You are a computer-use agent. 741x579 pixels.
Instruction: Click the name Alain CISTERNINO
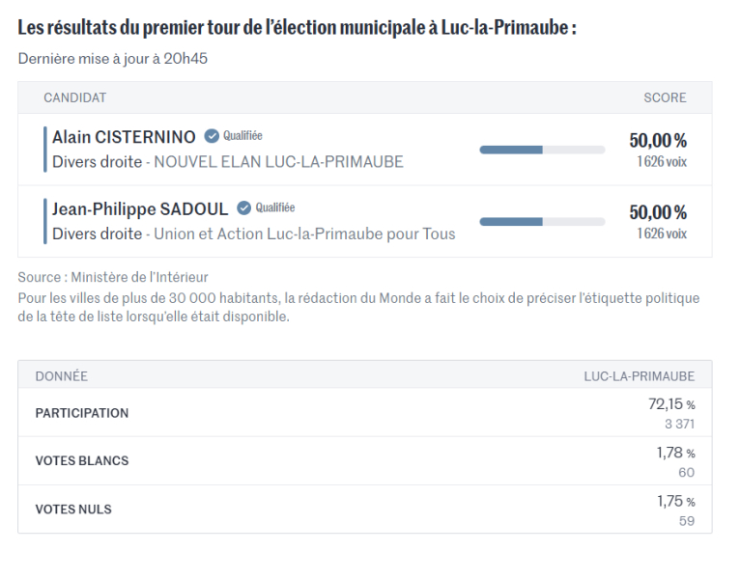point(124,137)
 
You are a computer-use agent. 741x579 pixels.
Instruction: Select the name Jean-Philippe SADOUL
point(140,208)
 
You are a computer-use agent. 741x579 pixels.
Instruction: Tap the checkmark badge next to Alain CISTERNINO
point(212,137)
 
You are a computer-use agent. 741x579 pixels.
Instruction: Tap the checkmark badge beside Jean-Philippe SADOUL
point(244,208)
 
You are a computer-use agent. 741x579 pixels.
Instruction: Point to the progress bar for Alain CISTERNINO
point(542,150)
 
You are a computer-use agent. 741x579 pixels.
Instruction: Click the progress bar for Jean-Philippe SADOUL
point(542,221)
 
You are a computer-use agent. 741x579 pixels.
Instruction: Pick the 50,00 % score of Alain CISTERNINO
point(658,140)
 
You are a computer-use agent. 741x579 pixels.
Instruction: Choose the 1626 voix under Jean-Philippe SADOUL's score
point(662,234)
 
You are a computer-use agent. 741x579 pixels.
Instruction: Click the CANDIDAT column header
point(74,97)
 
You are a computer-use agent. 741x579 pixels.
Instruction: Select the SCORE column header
point(665,97)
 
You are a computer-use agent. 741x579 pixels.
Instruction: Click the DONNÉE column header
point(61,375)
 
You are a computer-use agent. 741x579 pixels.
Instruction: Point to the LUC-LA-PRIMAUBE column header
point(639,375)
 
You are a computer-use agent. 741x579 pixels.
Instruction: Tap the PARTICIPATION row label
point(82,413)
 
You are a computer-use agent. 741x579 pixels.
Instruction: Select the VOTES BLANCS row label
point(82,461)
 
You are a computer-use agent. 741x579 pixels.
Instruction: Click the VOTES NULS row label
point(74,509)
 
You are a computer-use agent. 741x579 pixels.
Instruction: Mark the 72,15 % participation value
point(671,404)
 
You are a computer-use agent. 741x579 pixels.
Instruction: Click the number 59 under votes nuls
point(686,521)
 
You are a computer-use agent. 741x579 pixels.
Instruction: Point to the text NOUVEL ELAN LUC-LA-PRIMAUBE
point(278,162)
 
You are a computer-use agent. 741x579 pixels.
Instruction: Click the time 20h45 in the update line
point(186,59)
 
